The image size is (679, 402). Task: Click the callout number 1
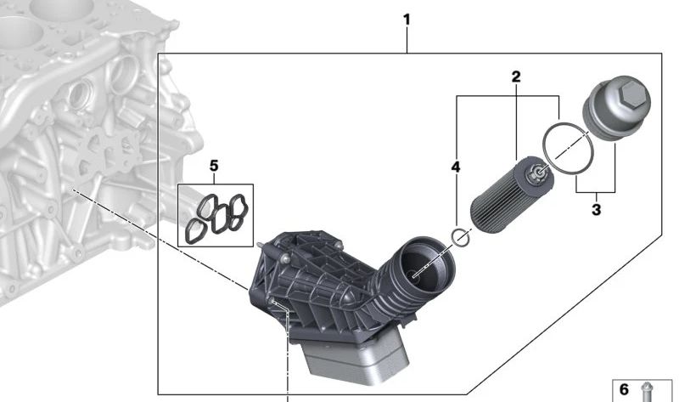pyautogui.click(x=407, y=20)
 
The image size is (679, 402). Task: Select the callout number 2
pyautogui.click(x=516, y=77)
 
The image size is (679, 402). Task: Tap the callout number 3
pyautogui.click(x=597, y=210)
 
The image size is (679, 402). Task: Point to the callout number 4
pyautogui.click(x=456, y=167)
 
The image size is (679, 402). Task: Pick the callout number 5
pyautogui.click(x=214, y=166)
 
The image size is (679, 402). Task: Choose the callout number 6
pyautogui.click(x=624, y=389)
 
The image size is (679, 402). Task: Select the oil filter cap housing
pyautogui.click(x=617, y=110)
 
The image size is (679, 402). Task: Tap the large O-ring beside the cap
pyautogui.click(x=568, y=149)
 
